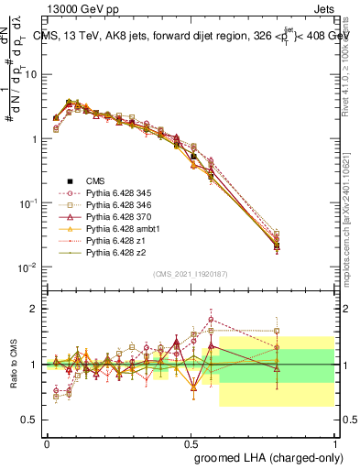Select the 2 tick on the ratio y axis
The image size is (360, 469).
37,309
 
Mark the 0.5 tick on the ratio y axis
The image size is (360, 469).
34,420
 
